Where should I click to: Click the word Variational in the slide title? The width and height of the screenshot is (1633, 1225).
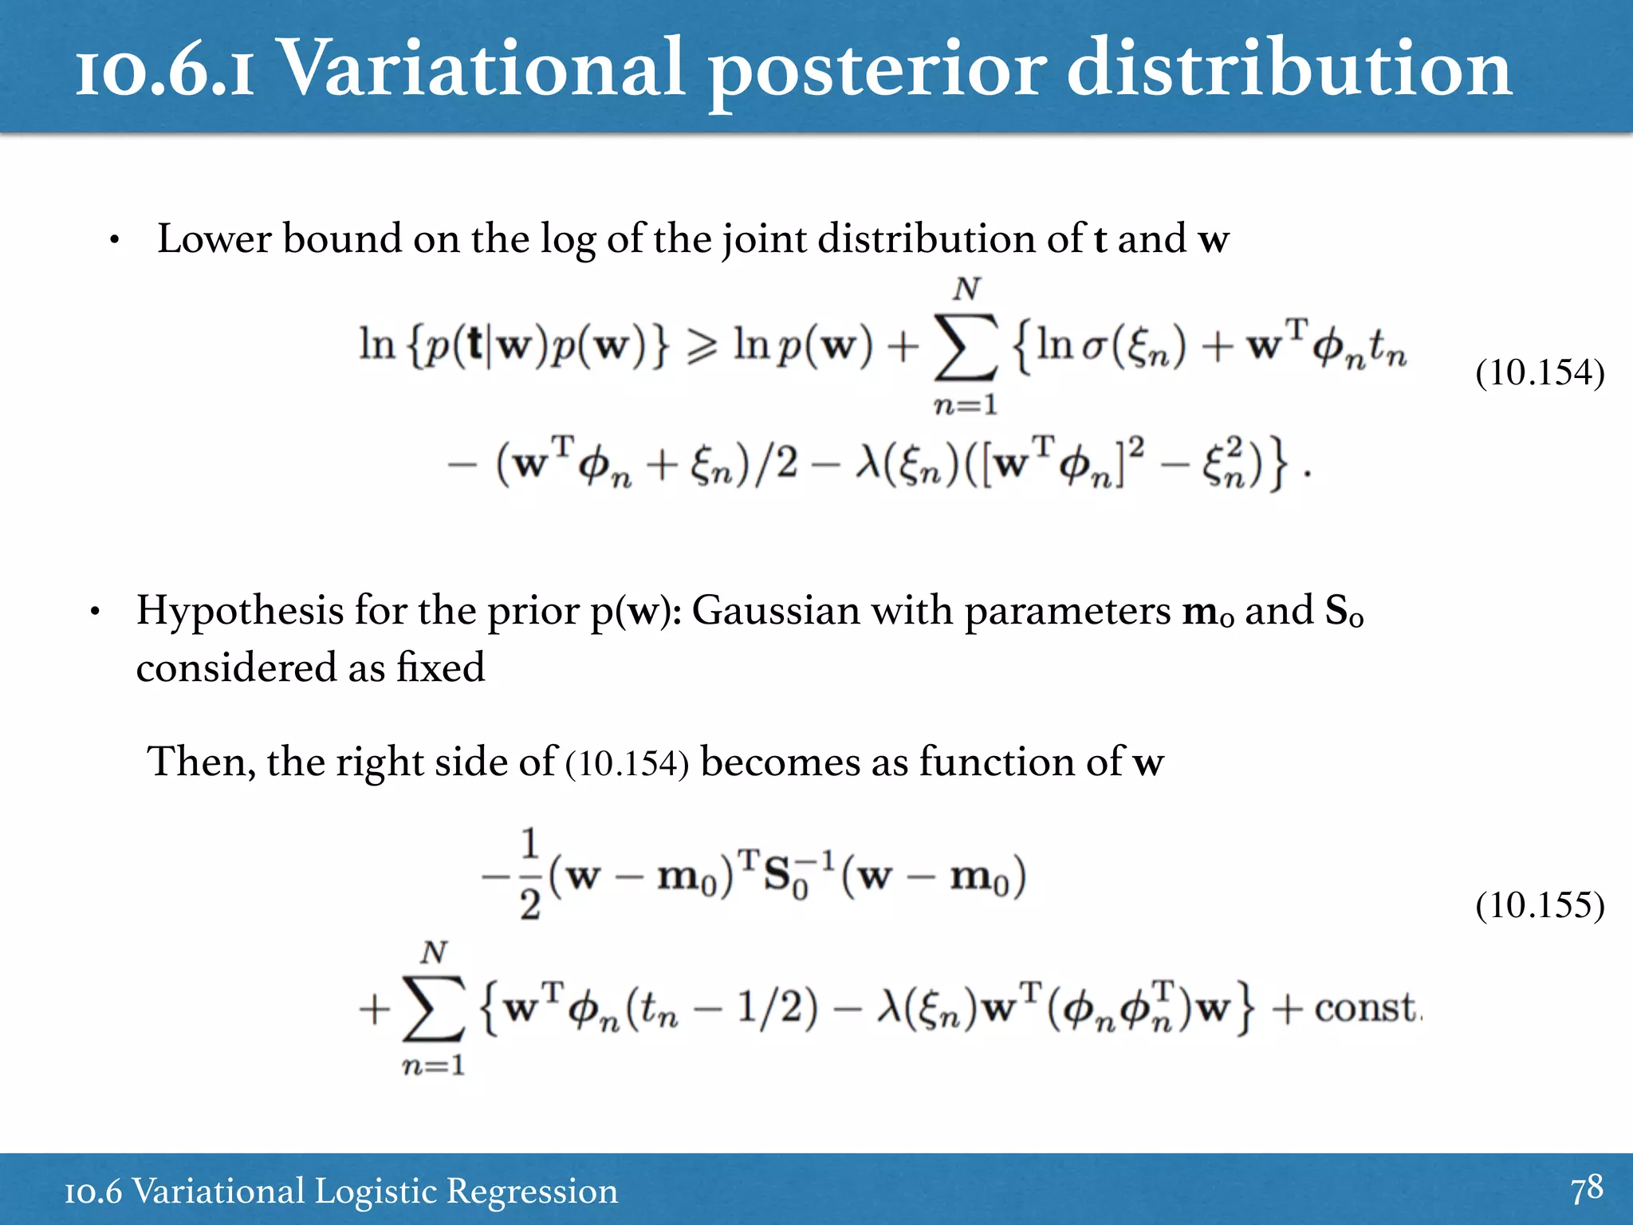pyautogui.click(x=483, y=69)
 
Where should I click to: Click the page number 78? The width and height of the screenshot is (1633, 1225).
pyautogui.click(x=1586, y=1188)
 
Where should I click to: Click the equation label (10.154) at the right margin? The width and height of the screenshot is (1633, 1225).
pyautogui.click(x=1539, y=372)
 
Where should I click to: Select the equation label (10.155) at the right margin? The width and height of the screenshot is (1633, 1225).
pyautogui.click(x=1539, y=905)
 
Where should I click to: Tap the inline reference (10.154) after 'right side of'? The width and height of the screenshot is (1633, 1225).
pyautogui.click(x=627, y=763)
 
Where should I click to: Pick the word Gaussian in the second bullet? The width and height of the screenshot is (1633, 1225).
pyautogui.click(x=775, y=611)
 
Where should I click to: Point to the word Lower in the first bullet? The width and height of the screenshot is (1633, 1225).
pyautogui.click(x=213, y=238)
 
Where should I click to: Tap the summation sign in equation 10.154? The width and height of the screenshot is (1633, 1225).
pyautogui.click(x=966, y=348)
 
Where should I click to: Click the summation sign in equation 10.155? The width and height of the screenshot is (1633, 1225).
pyautogui.click(x=433, y=1010)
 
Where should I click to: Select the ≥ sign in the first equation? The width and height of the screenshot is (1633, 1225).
pyautogui.click(x=702, y=346)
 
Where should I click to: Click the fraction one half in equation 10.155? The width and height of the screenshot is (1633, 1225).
pyautogui.click(x=530, y=875)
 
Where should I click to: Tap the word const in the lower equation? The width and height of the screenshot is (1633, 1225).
pyautogui.click(x=1366, y=1008)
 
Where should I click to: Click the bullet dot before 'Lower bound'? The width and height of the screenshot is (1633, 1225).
pyautogui.click(x=115, y=240)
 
